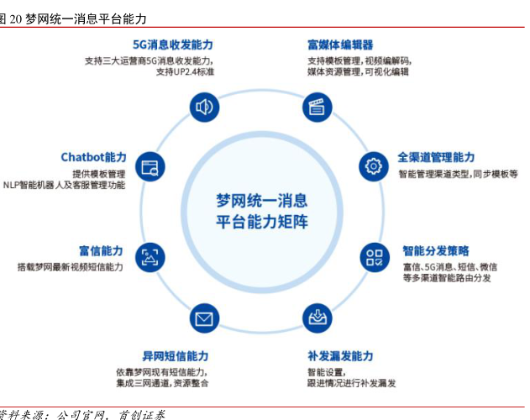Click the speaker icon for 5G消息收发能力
202,107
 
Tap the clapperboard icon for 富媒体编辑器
316,107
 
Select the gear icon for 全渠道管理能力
372,166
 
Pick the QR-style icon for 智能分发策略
373,257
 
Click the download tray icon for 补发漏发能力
317,318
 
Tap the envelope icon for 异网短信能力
202,318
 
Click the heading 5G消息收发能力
172,45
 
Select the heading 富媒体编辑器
340,45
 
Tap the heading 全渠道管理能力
436,157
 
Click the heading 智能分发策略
436,250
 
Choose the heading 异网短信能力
175,356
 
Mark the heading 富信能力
101,250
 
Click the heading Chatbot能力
93,157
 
